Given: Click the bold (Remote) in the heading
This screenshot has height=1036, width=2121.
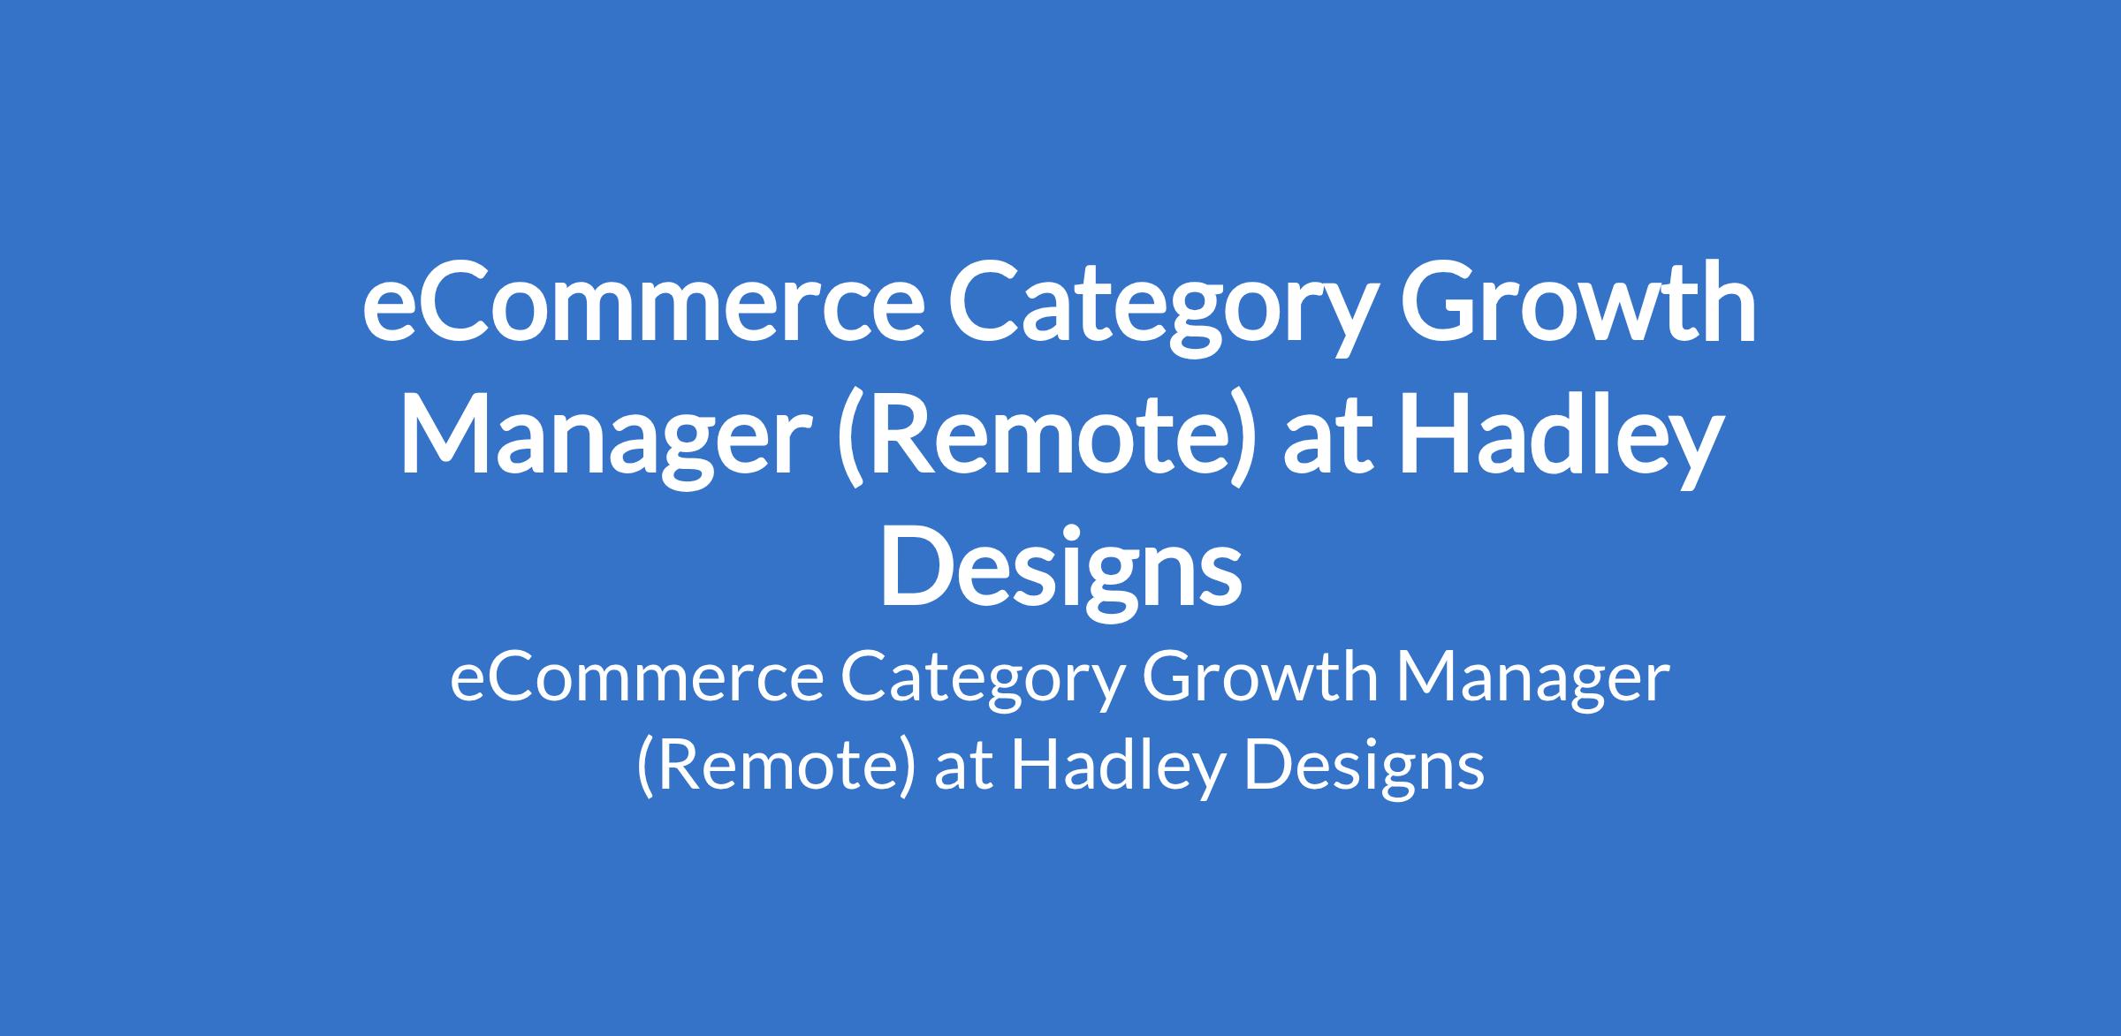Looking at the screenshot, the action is click(x=1044, y=442).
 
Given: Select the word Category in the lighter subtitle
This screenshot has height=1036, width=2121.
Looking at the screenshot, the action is click(x=984, y=684).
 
